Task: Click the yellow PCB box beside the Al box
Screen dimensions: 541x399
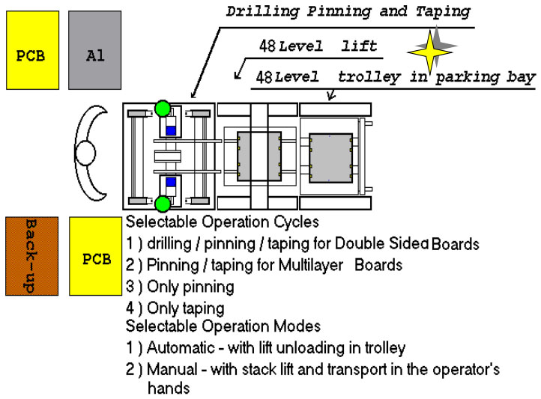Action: pos(32,50)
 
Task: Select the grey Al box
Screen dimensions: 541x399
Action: pos(95,50)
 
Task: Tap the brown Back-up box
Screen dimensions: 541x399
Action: pos(31,256)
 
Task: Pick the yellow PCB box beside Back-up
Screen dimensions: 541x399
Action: pos(96,256)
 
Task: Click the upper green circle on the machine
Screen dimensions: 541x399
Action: pos(163,109)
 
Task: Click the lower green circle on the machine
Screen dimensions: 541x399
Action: pos(163,204)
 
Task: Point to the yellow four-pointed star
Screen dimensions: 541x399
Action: pos(430,52)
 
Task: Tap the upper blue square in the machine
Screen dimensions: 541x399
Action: pos(171,130)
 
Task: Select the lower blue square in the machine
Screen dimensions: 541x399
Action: pos(171,182)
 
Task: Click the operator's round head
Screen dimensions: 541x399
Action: pos(85,153)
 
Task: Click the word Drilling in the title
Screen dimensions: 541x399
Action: pos(262,12)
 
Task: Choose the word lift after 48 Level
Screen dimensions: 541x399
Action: pos(359,46)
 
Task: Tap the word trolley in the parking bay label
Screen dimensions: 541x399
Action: pos(369,78)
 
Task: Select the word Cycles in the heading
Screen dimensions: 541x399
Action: pos(296,222)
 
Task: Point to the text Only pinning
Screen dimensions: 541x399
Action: pos(190,287)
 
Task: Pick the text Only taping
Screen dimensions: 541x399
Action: pos(186,308)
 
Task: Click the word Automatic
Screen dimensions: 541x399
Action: pos(181,347)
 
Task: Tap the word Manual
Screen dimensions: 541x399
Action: pos(172,369)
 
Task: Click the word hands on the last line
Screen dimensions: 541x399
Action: pos(169,389)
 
